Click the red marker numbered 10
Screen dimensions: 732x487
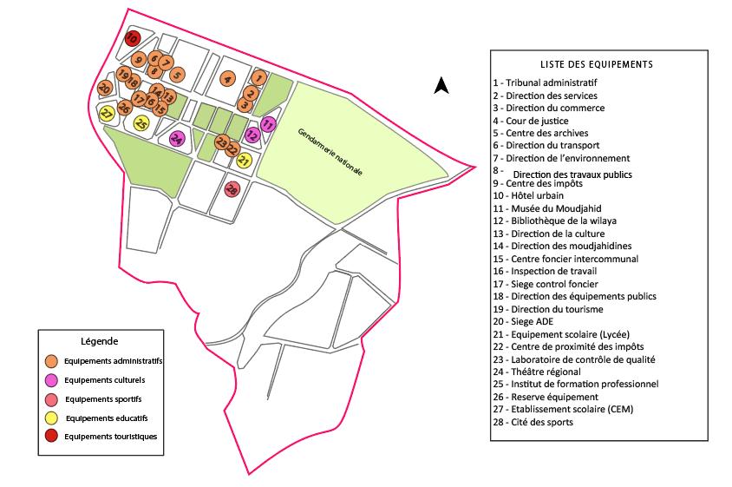point(131,38)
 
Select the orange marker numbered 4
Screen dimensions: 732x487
point(227,79)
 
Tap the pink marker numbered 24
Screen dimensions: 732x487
point(177,139)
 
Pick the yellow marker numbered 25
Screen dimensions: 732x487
point(141,123)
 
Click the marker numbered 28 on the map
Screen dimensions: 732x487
point(232,188)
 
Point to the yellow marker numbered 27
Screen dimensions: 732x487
point(107,114)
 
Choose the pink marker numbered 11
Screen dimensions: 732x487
point(268,125)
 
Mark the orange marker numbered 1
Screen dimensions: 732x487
point(258,78)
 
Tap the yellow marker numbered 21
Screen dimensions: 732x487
point(244,161)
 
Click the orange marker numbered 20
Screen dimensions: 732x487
point(104,89)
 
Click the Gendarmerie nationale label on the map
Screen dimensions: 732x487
point(330,154)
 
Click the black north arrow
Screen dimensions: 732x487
point(441,84)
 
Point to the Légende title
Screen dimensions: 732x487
point(99,341)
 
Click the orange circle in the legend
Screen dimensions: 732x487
point(53,360)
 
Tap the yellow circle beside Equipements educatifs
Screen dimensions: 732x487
point(53,418)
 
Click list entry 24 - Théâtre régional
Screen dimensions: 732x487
point(536,372)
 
